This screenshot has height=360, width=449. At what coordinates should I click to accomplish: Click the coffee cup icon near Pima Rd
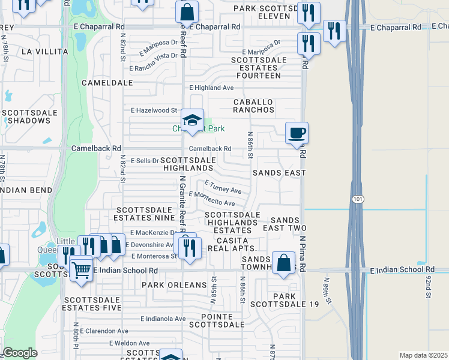296,133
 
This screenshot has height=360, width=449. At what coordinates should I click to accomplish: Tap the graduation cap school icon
193,120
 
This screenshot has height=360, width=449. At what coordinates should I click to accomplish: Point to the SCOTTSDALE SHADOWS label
29,116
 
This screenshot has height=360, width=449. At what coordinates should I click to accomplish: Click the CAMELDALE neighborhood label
107,82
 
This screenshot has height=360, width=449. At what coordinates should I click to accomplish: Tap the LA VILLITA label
44,52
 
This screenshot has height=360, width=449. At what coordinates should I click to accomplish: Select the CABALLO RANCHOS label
254,106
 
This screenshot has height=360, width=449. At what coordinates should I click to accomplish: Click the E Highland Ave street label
211,88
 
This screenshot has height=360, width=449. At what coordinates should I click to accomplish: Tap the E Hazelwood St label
154,110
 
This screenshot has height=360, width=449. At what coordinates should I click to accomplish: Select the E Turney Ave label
223,187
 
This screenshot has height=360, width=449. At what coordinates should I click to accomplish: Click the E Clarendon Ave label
103,331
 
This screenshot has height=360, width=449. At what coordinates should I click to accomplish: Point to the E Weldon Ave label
129,343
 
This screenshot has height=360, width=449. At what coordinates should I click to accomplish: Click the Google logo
20,353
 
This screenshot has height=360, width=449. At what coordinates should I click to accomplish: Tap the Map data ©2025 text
423,355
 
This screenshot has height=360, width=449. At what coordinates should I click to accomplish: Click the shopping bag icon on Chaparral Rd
187,11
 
